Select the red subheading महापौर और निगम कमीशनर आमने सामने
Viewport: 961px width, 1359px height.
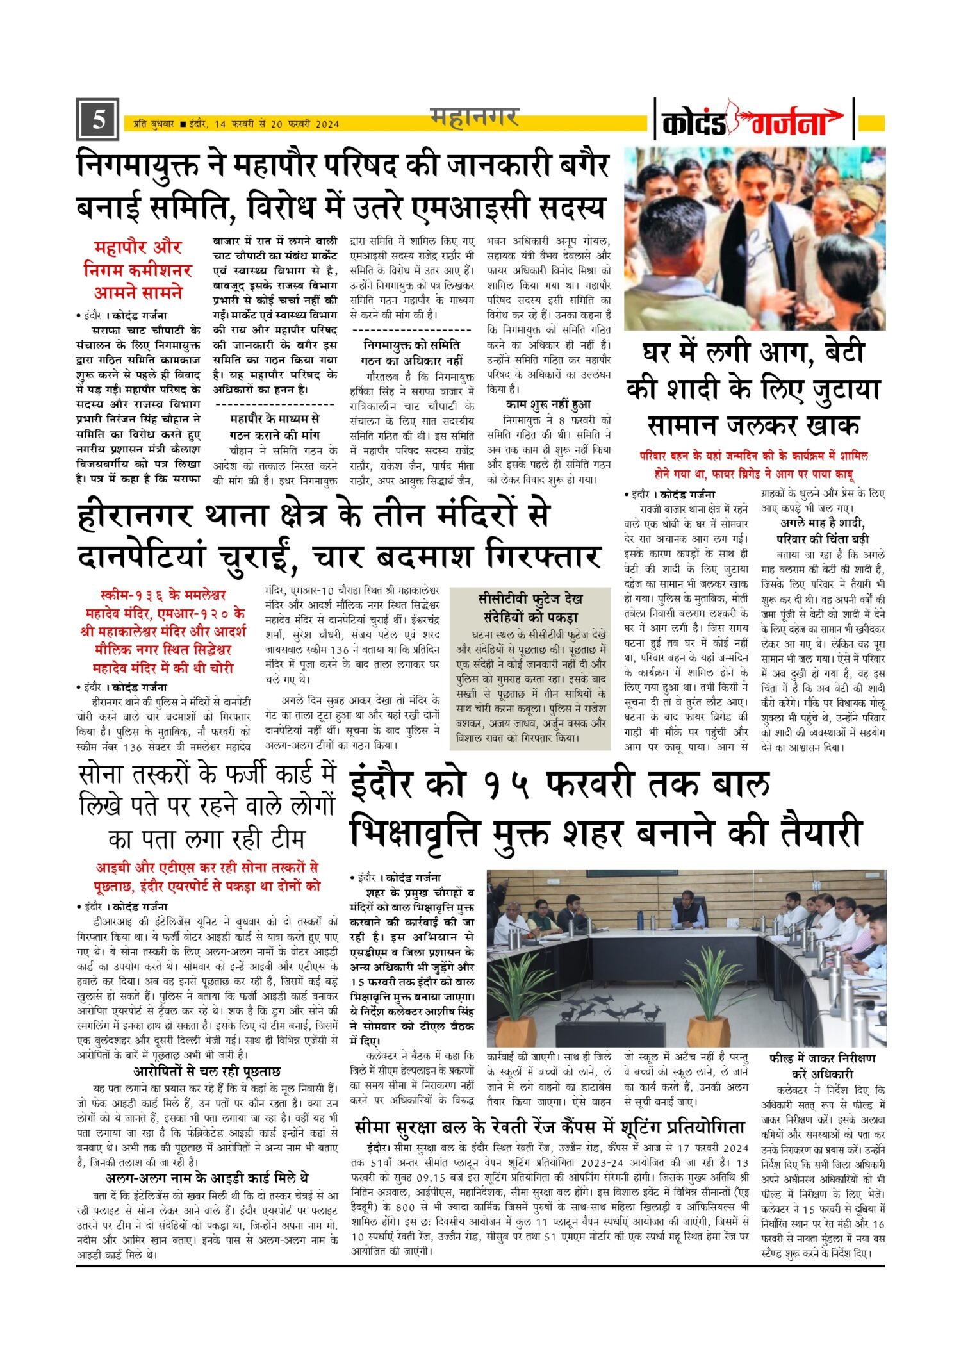coord(138,270)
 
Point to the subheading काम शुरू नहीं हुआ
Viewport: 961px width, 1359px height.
coord(548,404)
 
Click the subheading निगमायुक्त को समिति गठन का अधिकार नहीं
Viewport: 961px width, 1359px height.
coord(412,352)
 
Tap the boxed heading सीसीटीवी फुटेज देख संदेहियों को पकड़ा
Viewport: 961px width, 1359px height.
coord(530,608)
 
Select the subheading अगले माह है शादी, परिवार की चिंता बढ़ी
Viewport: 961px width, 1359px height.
coord(823,531)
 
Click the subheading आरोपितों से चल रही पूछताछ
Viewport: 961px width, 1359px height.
coord(206,1071)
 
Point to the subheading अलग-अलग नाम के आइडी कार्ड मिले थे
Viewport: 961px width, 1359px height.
coord(206,1178)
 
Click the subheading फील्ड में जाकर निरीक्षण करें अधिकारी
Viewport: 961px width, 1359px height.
coord(823,1066)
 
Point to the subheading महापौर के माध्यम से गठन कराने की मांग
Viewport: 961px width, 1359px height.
coord(274,426)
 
